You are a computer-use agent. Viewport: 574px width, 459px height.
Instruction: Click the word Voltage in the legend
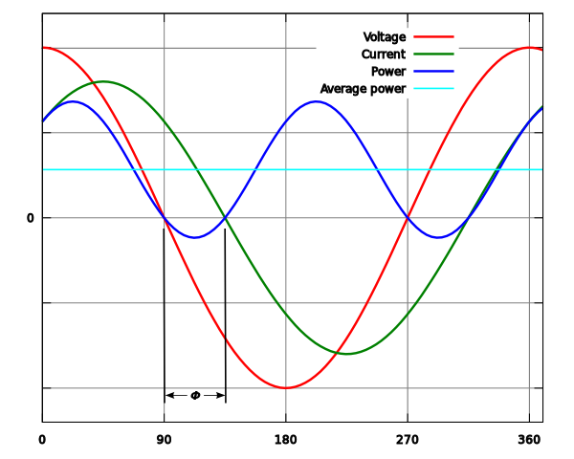385,37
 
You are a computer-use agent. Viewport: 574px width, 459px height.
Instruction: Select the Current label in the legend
384,55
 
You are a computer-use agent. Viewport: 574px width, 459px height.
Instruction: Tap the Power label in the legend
388,72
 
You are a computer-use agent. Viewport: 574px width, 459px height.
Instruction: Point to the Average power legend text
363,89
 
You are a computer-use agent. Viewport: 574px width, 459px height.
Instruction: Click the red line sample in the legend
433,37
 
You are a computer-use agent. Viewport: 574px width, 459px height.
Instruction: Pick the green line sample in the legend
433,55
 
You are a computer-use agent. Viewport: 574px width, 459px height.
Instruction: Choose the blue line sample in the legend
433,72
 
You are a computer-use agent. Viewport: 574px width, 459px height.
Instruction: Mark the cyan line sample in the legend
433,89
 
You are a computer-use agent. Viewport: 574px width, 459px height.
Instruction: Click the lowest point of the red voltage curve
286,387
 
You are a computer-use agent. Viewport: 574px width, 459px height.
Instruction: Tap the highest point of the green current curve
103,81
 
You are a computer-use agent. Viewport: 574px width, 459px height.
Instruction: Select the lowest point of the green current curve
347,354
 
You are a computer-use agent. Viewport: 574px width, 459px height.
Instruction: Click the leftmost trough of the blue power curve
195,237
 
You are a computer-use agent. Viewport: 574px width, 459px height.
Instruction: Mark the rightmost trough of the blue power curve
439,237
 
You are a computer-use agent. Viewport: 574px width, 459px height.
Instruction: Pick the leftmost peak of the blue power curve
73,100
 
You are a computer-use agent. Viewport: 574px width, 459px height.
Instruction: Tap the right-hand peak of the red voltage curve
529,47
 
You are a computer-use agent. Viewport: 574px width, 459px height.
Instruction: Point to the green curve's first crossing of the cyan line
196,169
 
